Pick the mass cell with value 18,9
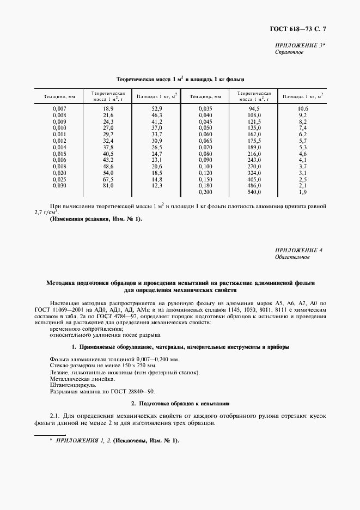pyautogui.click(x=107, y=109)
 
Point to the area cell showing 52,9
pyautogui.click(x=157, y=109)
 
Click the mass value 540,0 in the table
pyautogui.click(x=254, y=192)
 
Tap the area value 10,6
pyautogui.click(x=303, y=109)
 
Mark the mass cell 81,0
pyautogui.click(x=107, y=186)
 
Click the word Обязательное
pyautogui.click(x=292, y=256)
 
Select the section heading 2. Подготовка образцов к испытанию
pyautogui.click(x=180, y=404)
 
